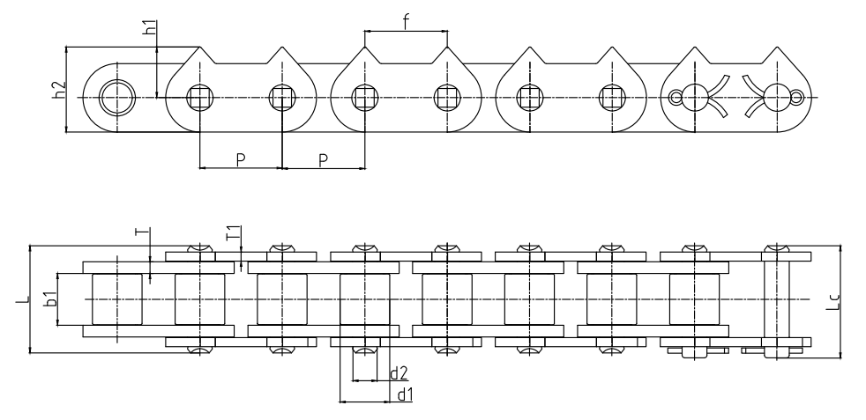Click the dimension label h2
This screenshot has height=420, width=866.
pos(58,90)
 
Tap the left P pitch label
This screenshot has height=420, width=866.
pos(240,158)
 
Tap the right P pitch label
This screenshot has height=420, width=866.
pos(323,158)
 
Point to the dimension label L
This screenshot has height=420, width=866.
pos(19,301)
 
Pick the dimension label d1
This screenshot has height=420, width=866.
pos(405,394)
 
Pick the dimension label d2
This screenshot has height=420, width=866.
pos(399,373)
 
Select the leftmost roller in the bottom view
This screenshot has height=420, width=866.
pos(116,299)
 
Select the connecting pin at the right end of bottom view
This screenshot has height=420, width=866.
pos(776,299)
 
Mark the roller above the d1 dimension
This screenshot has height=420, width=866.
pos(364,299)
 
